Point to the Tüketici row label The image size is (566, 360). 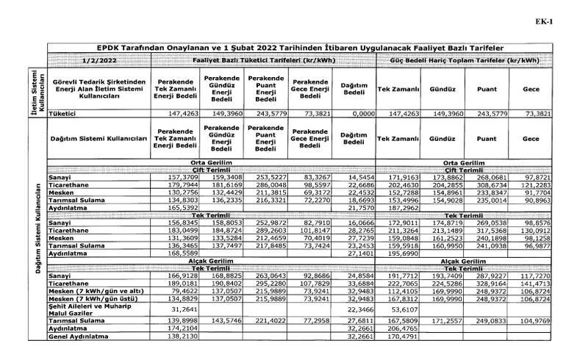[x=62, y=115]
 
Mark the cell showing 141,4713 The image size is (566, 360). [x=529, y=281]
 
